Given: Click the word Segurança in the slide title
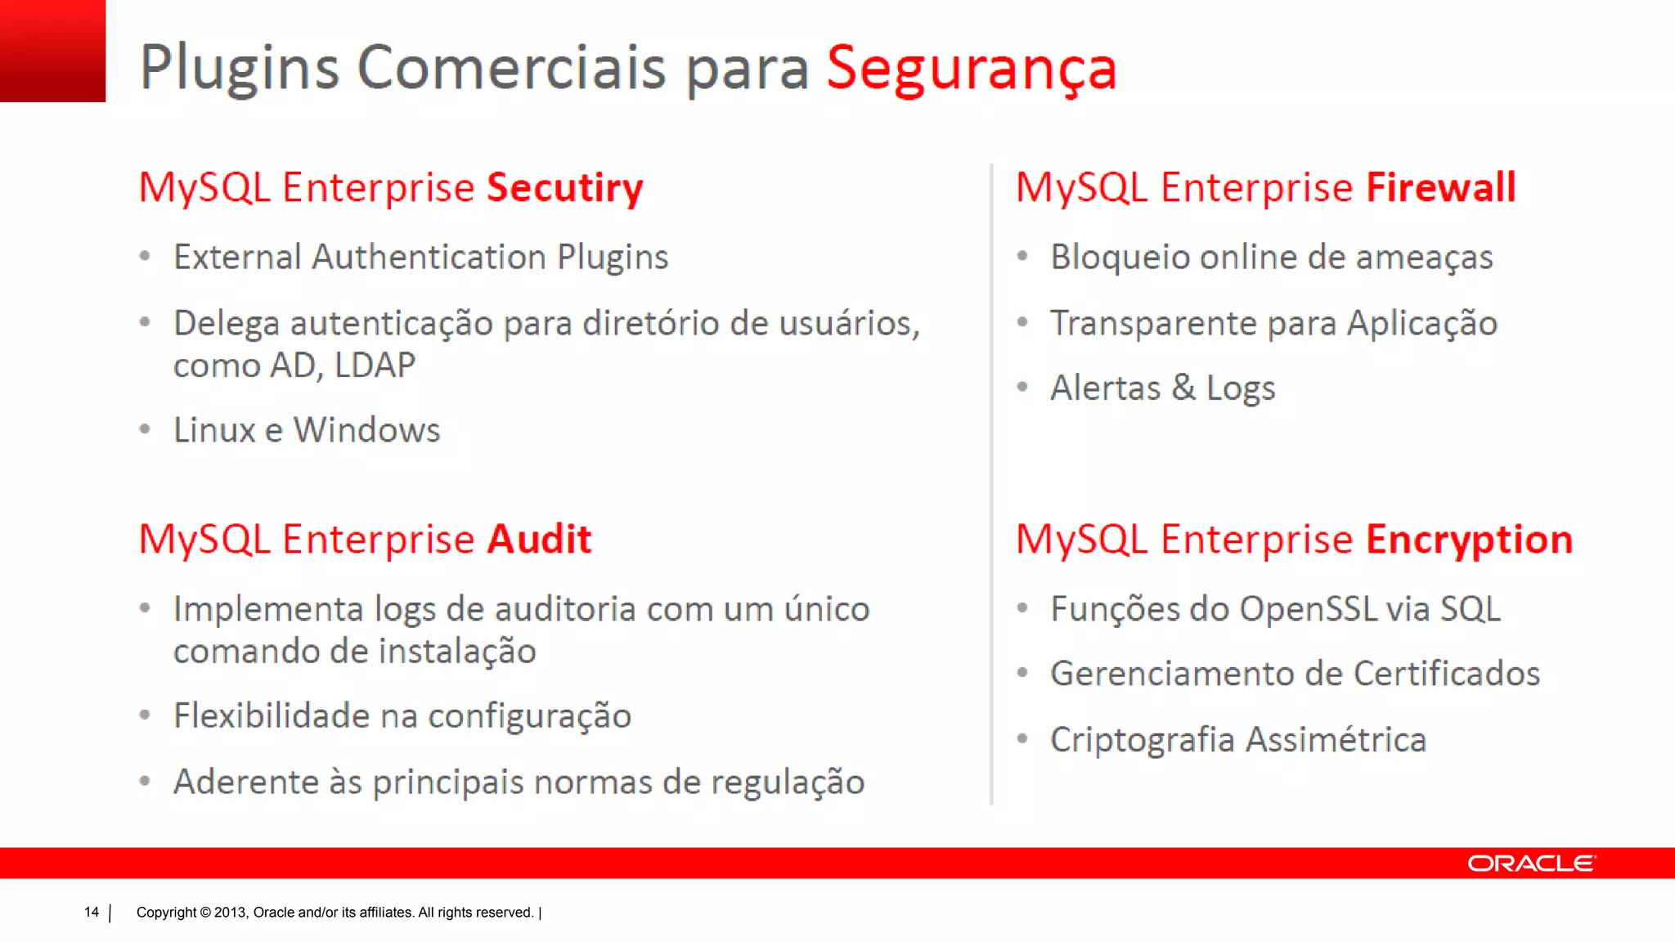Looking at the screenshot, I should click(971, 69).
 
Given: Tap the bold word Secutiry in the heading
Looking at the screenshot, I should click(564, 188).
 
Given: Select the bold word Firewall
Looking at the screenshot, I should click(1441, 187).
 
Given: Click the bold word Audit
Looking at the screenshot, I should click(539, 540).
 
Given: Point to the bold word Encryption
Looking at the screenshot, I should click(1469, 541).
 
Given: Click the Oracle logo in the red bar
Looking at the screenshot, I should click(1531, 863).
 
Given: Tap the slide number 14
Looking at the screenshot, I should click(91, 913).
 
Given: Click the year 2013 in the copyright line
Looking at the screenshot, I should click(231, 913).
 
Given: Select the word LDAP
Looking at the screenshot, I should click(375, 366).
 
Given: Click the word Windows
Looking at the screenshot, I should click(366, 430).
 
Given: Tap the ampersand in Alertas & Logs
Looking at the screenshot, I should click(1183, 388).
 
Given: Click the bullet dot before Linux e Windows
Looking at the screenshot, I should click(145, 429).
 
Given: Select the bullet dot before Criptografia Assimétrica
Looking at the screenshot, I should click(1022, 739).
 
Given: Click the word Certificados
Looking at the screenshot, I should click(1446, 674).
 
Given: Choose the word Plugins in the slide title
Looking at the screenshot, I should click(239, 69).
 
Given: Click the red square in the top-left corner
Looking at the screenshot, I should click(52, 51).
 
